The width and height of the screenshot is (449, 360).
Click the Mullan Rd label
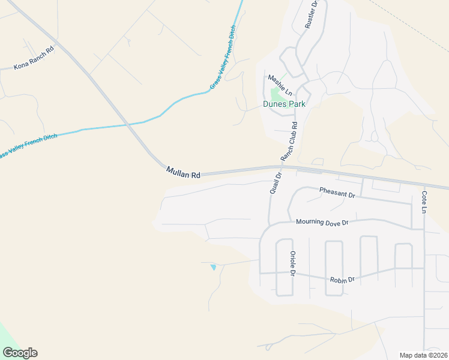[x=183, y=174]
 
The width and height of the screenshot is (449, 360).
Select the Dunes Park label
[x=284, y=104]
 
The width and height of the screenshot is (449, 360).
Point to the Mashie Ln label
[x=279, y=85]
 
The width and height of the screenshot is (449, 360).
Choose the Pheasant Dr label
[x=337, y=192]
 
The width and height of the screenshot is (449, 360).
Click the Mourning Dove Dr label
[x=322, y=222]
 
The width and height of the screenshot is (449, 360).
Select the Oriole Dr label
[x=293, y=263]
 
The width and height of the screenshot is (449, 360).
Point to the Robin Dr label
[x=342, y=280]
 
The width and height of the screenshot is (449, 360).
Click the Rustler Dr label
[x=310, y=15]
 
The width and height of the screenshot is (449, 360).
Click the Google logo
[x=20, y=353]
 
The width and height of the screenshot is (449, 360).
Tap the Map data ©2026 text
[x=423, y=355]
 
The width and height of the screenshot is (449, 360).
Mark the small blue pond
[x=213, y=267]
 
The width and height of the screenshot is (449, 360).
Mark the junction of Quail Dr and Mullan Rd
[x=280, y=168]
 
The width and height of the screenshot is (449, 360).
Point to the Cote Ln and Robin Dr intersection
[x=424, y=268]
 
